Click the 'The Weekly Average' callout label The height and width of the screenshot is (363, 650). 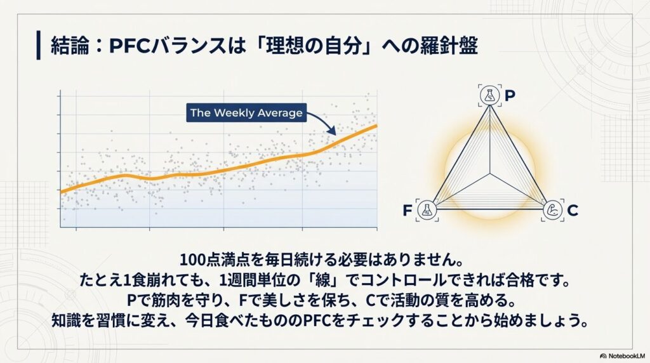tap(246, 113)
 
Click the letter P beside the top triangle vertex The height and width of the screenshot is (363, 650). tap(510, 96)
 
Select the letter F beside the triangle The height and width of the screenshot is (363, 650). tap(407, 211)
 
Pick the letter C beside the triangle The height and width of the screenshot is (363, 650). tap(573, 211)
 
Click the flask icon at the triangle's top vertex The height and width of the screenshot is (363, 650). tap(490, 95)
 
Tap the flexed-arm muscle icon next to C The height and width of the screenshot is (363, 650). tap(553, 210)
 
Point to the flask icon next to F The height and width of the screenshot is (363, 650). tap(427, 210)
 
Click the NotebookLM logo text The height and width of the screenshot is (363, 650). tap(623, 356)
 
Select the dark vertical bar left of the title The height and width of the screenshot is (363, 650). tap(39, 45)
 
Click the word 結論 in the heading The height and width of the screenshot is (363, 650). tap(70, 46)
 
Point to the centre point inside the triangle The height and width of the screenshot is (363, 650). tap(490, 174)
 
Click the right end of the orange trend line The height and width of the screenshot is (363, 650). tap(377, 125)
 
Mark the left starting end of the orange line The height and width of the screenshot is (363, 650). tap(61, 192)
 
